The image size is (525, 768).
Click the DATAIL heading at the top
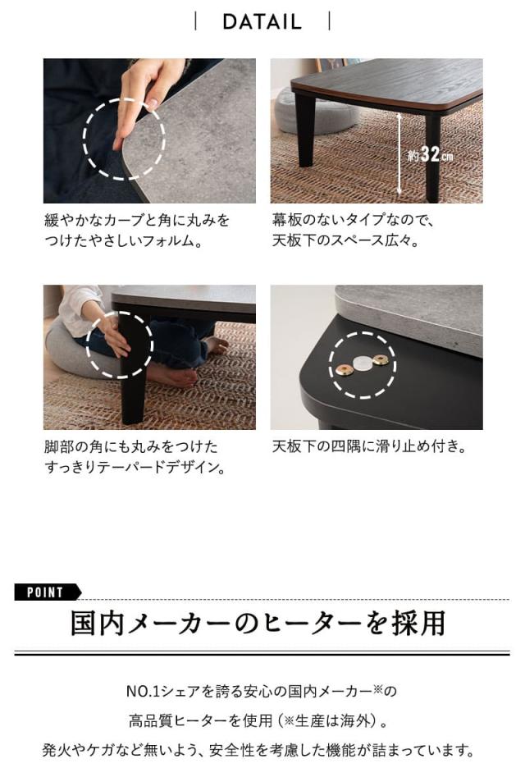[x=262, y=21]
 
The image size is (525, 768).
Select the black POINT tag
[x=47, y=592]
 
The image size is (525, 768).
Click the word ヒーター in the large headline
[x=307, y=624]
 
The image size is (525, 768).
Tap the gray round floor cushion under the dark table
[x=312, y=110]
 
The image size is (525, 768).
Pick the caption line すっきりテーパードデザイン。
[x=135, y=468]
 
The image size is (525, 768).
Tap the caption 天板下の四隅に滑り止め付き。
[x=369, y=447]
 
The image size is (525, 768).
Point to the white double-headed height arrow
[x=400, y=153]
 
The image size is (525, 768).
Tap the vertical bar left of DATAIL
[x=195, y=21]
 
